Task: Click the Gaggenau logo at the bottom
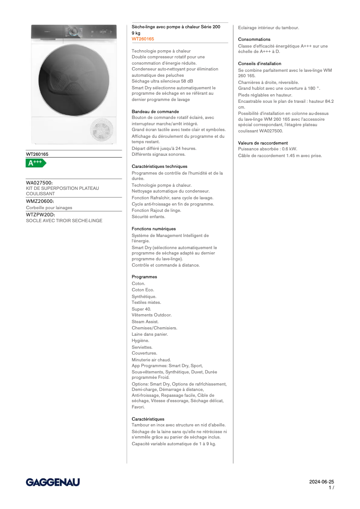tap(53, 482)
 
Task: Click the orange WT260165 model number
tap(143, 39)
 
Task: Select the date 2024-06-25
tap(321, 482)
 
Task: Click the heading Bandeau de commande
tap(155, 111)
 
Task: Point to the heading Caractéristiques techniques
tap(159, 167)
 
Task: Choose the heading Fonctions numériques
tap(154, 229)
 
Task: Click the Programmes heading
tap(144, 277)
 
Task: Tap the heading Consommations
tap(254, 39)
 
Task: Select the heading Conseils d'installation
tap(259, 64)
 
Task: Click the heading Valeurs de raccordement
tap(263, 143)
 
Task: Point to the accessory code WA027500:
tap(40, 183)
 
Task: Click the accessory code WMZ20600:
tap(40, 202)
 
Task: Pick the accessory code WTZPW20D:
tap(40, 215)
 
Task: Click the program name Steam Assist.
tap(145, 322)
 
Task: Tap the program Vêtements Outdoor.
tap(151, 315)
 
